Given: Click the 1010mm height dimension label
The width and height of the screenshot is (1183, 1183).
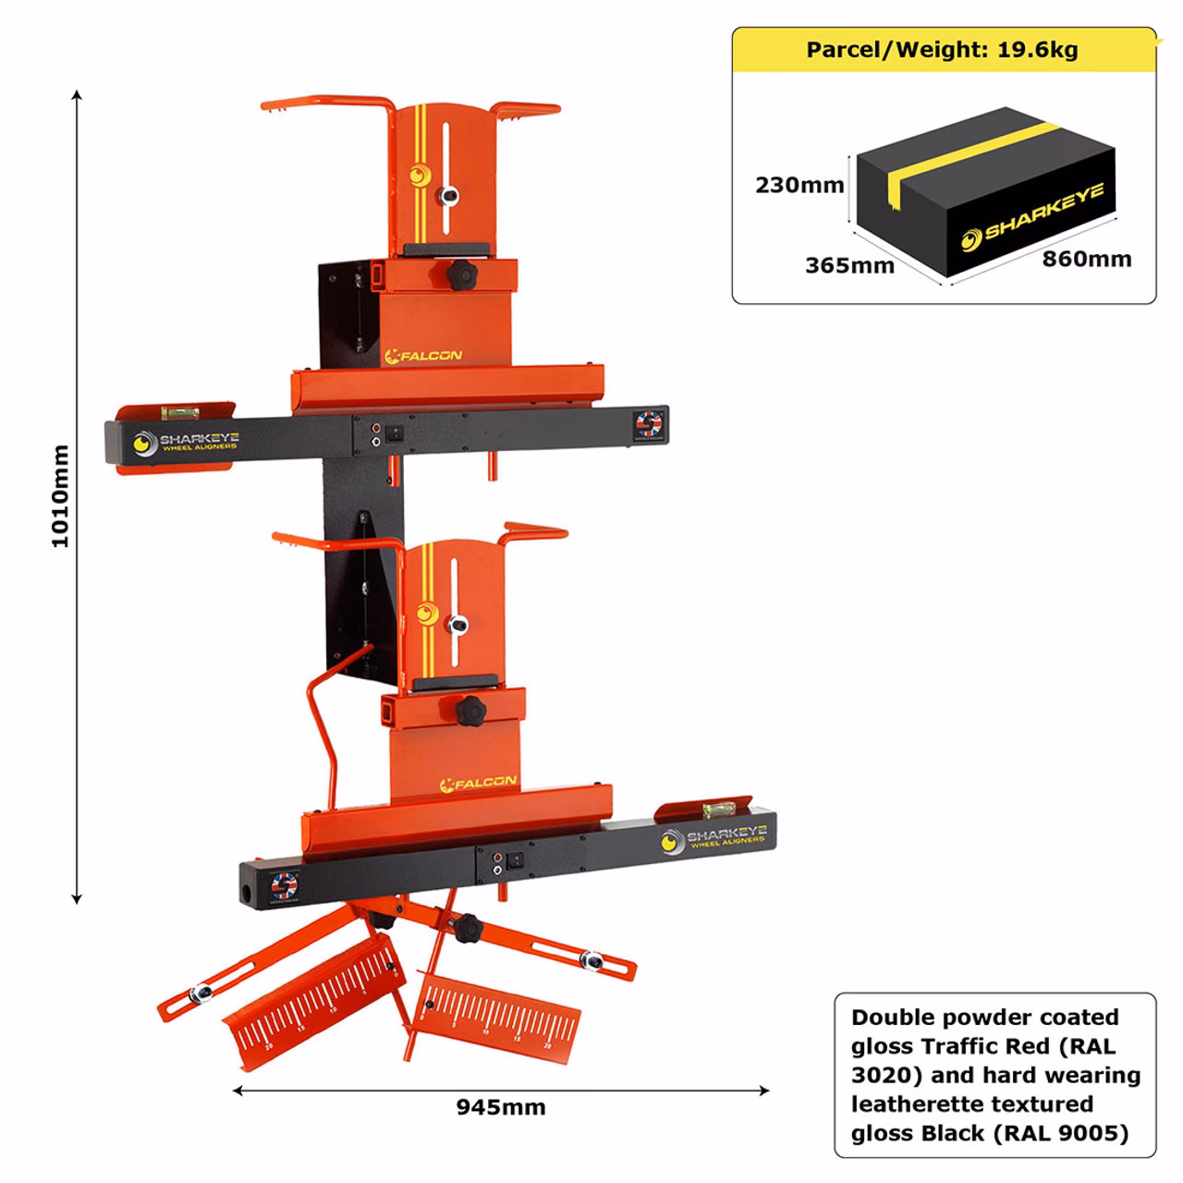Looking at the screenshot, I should coord(60,496).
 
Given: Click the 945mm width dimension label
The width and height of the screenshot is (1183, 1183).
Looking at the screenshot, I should coord(500,1107).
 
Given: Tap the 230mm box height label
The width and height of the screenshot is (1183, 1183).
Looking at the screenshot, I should coord(799,185).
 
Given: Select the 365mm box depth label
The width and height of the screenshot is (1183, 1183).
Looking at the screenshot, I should coord(849,266).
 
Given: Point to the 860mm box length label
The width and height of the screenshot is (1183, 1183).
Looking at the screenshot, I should coord(1087,259).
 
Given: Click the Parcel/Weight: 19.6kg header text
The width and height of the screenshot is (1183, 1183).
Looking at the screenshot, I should coord(942,50).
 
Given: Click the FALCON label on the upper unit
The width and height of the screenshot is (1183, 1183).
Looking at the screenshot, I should coord(429,355).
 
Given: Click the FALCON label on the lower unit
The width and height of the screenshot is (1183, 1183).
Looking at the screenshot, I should coord(479,784).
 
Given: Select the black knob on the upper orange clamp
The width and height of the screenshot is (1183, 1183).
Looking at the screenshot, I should coord(458,274).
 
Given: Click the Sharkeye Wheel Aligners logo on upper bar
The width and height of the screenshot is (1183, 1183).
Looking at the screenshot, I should coord(186,442).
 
